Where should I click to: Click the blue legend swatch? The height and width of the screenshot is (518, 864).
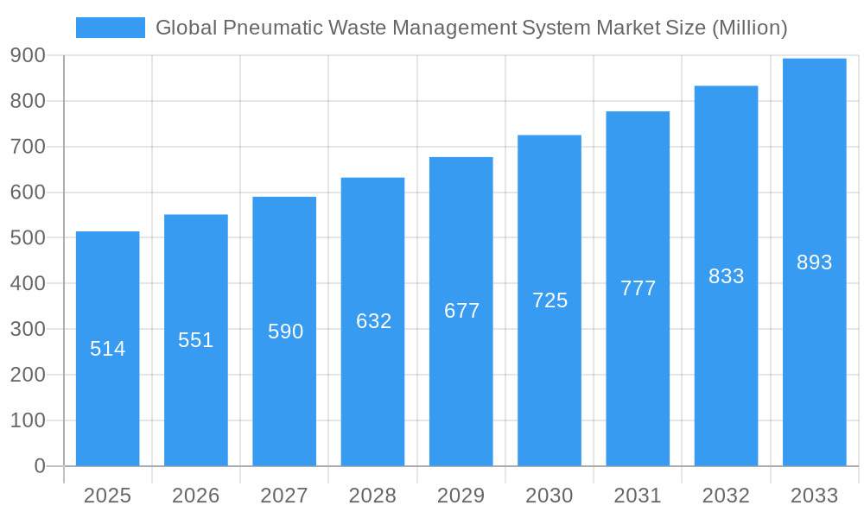(x=110, y=28)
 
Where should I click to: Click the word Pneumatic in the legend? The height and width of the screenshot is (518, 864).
(x=264, y=28)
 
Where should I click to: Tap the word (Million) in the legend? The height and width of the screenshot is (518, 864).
(x=748, y=28)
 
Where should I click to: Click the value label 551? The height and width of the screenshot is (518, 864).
(x=196, y=340)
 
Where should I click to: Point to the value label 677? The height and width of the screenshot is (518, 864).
(x=462, y=311)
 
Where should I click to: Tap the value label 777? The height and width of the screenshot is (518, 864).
(x=638, y=288)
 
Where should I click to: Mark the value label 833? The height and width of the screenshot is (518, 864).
(x=727, y=276)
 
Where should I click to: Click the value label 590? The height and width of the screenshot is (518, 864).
(x=285, y=332)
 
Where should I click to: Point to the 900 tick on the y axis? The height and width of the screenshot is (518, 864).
(x=29, y=55)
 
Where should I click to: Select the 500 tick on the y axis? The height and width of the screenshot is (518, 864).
(x=29, y=237)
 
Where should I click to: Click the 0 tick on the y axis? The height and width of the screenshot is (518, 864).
(x=39, y=466)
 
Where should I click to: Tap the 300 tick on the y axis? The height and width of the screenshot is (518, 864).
(x=29, y=329)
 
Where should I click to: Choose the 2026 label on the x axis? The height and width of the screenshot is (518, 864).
(x=196, y=496)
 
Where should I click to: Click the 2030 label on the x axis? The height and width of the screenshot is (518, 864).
(x=550, y=496)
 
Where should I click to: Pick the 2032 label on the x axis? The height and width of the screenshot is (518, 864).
(x=727, y=496)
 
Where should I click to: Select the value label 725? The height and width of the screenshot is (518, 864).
(x=550, y=300)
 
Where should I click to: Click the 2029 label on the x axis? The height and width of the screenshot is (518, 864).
(x=461, y=496)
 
